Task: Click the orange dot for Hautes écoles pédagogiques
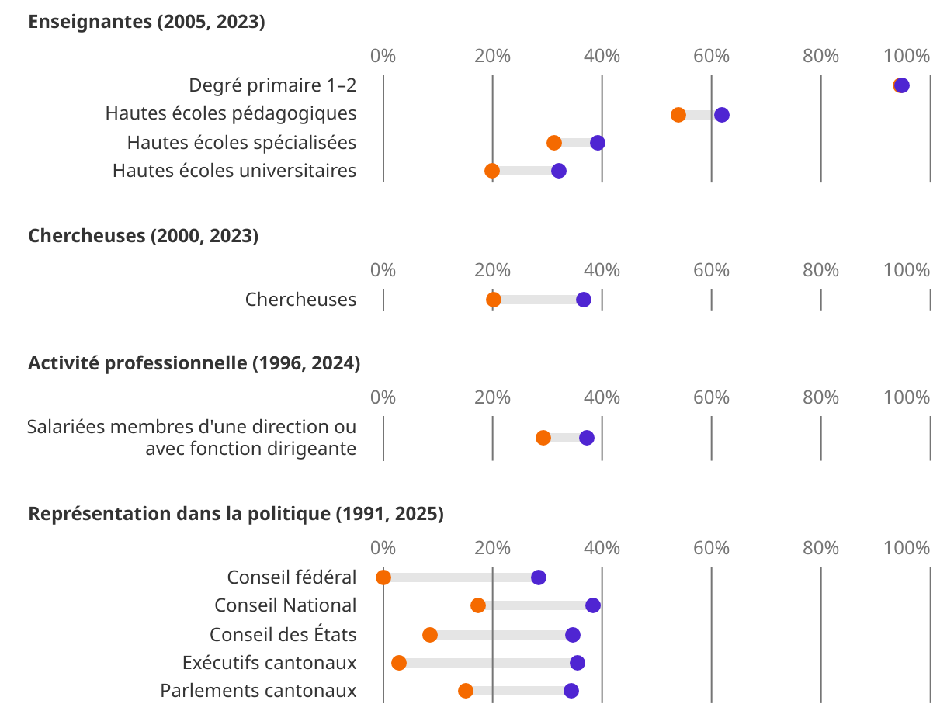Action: click(x=678, y=115)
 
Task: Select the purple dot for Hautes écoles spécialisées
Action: click(x=597, y=143)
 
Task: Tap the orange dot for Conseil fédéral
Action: click(x=383, y=577)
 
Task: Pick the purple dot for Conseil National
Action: click(x=593, y=605)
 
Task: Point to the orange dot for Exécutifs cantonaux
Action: click(x=399, y=663)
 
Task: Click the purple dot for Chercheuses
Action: click(x=584, y=300)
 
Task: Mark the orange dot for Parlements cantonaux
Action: click(x=466, y=691)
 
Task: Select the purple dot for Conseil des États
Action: click(x=573, y=635)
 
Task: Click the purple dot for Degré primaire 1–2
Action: click(x=902, y=85)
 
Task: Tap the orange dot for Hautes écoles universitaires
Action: click(x=492, y=171)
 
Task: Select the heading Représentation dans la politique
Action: click(x=236, y=514)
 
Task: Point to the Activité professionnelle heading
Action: click(x=194, y=363)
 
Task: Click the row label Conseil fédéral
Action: click(x=292, y=577)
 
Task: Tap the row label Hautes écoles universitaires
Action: click(x=234, y=171)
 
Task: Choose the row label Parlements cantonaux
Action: click(x=258, y=691)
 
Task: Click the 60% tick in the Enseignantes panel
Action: click(x=711, y=56)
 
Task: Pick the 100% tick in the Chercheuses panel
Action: click(x=907, y=270)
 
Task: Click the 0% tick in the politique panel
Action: click(x=383, y=548)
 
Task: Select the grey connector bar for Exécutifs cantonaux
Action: click(x=488, y=663)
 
